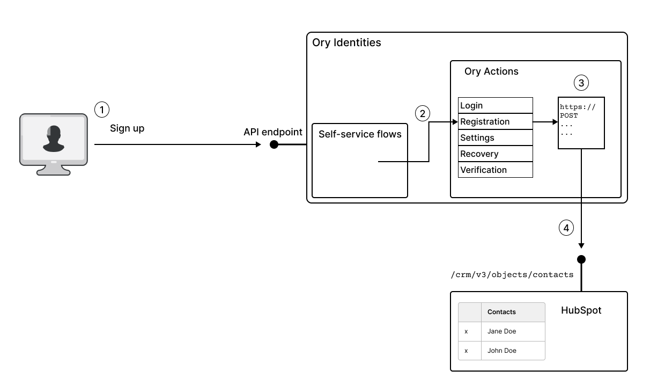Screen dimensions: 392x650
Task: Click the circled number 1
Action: (x=101, y=110)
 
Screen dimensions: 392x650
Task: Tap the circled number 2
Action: (x=423, y=113)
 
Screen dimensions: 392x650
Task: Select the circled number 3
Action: (x=581, y=83)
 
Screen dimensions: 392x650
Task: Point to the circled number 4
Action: (x=566, y=228)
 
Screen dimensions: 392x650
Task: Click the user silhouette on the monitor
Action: (x=54, y=139)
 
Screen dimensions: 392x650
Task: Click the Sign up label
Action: (x=127, y=129)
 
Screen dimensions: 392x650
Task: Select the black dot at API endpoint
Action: (x=274, y=144)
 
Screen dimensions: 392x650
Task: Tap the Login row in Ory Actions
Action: (x=495, y=105)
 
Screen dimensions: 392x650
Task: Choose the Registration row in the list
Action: (x=495, y=121)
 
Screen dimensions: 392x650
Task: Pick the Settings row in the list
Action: (x=495, y=137)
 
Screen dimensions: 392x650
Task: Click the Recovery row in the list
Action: (x=495, y=154)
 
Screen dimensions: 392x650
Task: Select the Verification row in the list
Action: (x=495, y=170)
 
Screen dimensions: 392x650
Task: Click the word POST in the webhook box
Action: (x=569, y=115)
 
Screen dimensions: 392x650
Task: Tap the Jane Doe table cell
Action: (x=502, y=331)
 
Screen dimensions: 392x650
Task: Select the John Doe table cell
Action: (x=502, y=351)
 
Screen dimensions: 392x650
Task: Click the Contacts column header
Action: (x=501, y=312)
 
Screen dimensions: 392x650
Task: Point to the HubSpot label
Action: (x=581, y=310)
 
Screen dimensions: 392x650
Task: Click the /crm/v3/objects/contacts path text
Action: (x=512, y=275)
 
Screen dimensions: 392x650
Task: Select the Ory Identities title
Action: (x=346, y=42)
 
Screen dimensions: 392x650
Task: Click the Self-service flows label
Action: (x=360, y=134)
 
